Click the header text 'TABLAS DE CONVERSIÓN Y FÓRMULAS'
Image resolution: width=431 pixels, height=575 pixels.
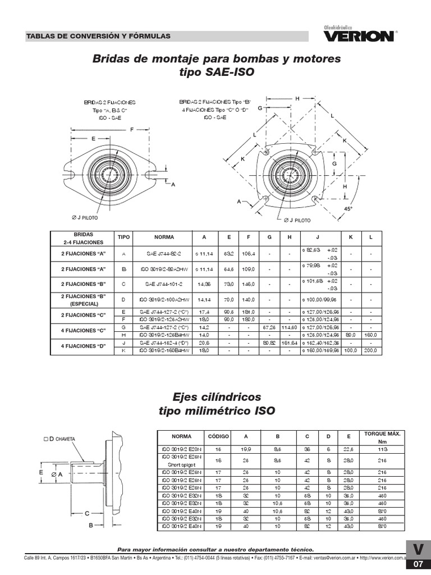[98, 36]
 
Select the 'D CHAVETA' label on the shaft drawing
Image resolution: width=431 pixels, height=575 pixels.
[62, 439]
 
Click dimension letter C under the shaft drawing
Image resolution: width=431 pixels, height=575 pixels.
[87, 513]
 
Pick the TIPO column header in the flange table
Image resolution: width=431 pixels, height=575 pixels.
[123, 237]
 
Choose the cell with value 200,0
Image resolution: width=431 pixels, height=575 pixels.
[371, 350]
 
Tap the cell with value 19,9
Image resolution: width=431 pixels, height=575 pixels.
[245, 450]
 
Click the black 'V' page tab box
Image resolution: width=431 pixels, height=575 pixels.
[418, 549]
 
